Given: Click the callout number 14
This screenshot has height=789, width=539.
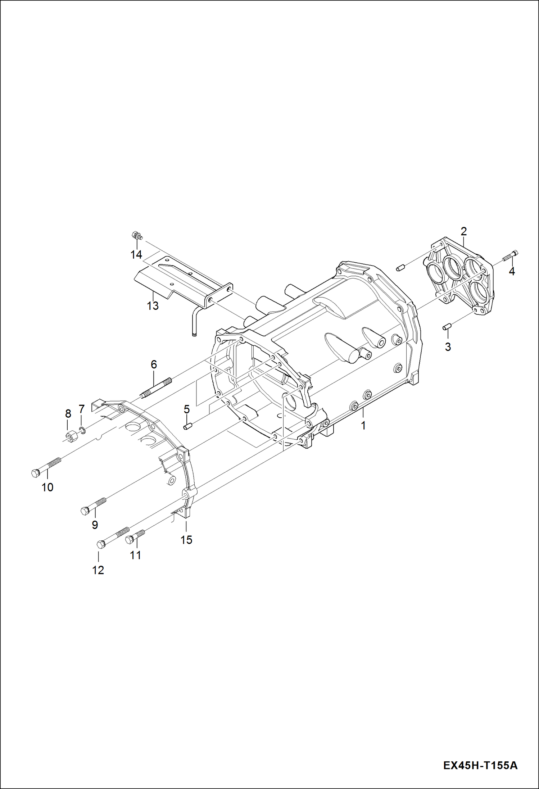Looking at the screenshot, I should tap(136, 255).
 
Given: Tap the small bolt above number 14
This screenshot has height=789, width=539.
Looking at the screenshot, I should tap(137, 236).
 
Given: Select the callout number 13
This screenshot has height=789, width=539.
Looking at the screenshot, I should tap(153, 306).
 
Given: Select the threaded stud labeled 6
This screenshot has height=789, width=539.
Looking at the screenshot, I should tap(156, 389).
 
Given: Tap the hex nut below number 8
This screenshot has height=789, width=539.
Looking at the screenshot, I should tap(70, 436).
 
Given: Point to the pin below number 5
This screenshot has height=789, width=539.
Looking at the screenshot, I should tap(187, 427).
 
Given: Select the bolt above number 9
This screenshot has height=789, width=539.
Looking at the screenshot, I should tap(95, 505).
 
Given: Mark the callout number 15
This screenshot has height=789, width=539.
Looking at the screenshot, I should tap(186, 540).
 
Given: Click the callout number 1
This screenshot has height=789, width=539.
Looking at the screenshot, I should tap(363, 426).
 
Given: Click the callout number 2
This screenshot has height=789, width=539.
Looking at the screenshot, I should tap(463, 231).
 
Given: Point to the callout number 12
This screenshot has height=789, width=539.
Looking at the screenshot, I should tap(98, 570).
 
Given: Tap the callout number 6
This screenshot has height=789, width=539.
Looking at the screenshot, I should tap(154, 364).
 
